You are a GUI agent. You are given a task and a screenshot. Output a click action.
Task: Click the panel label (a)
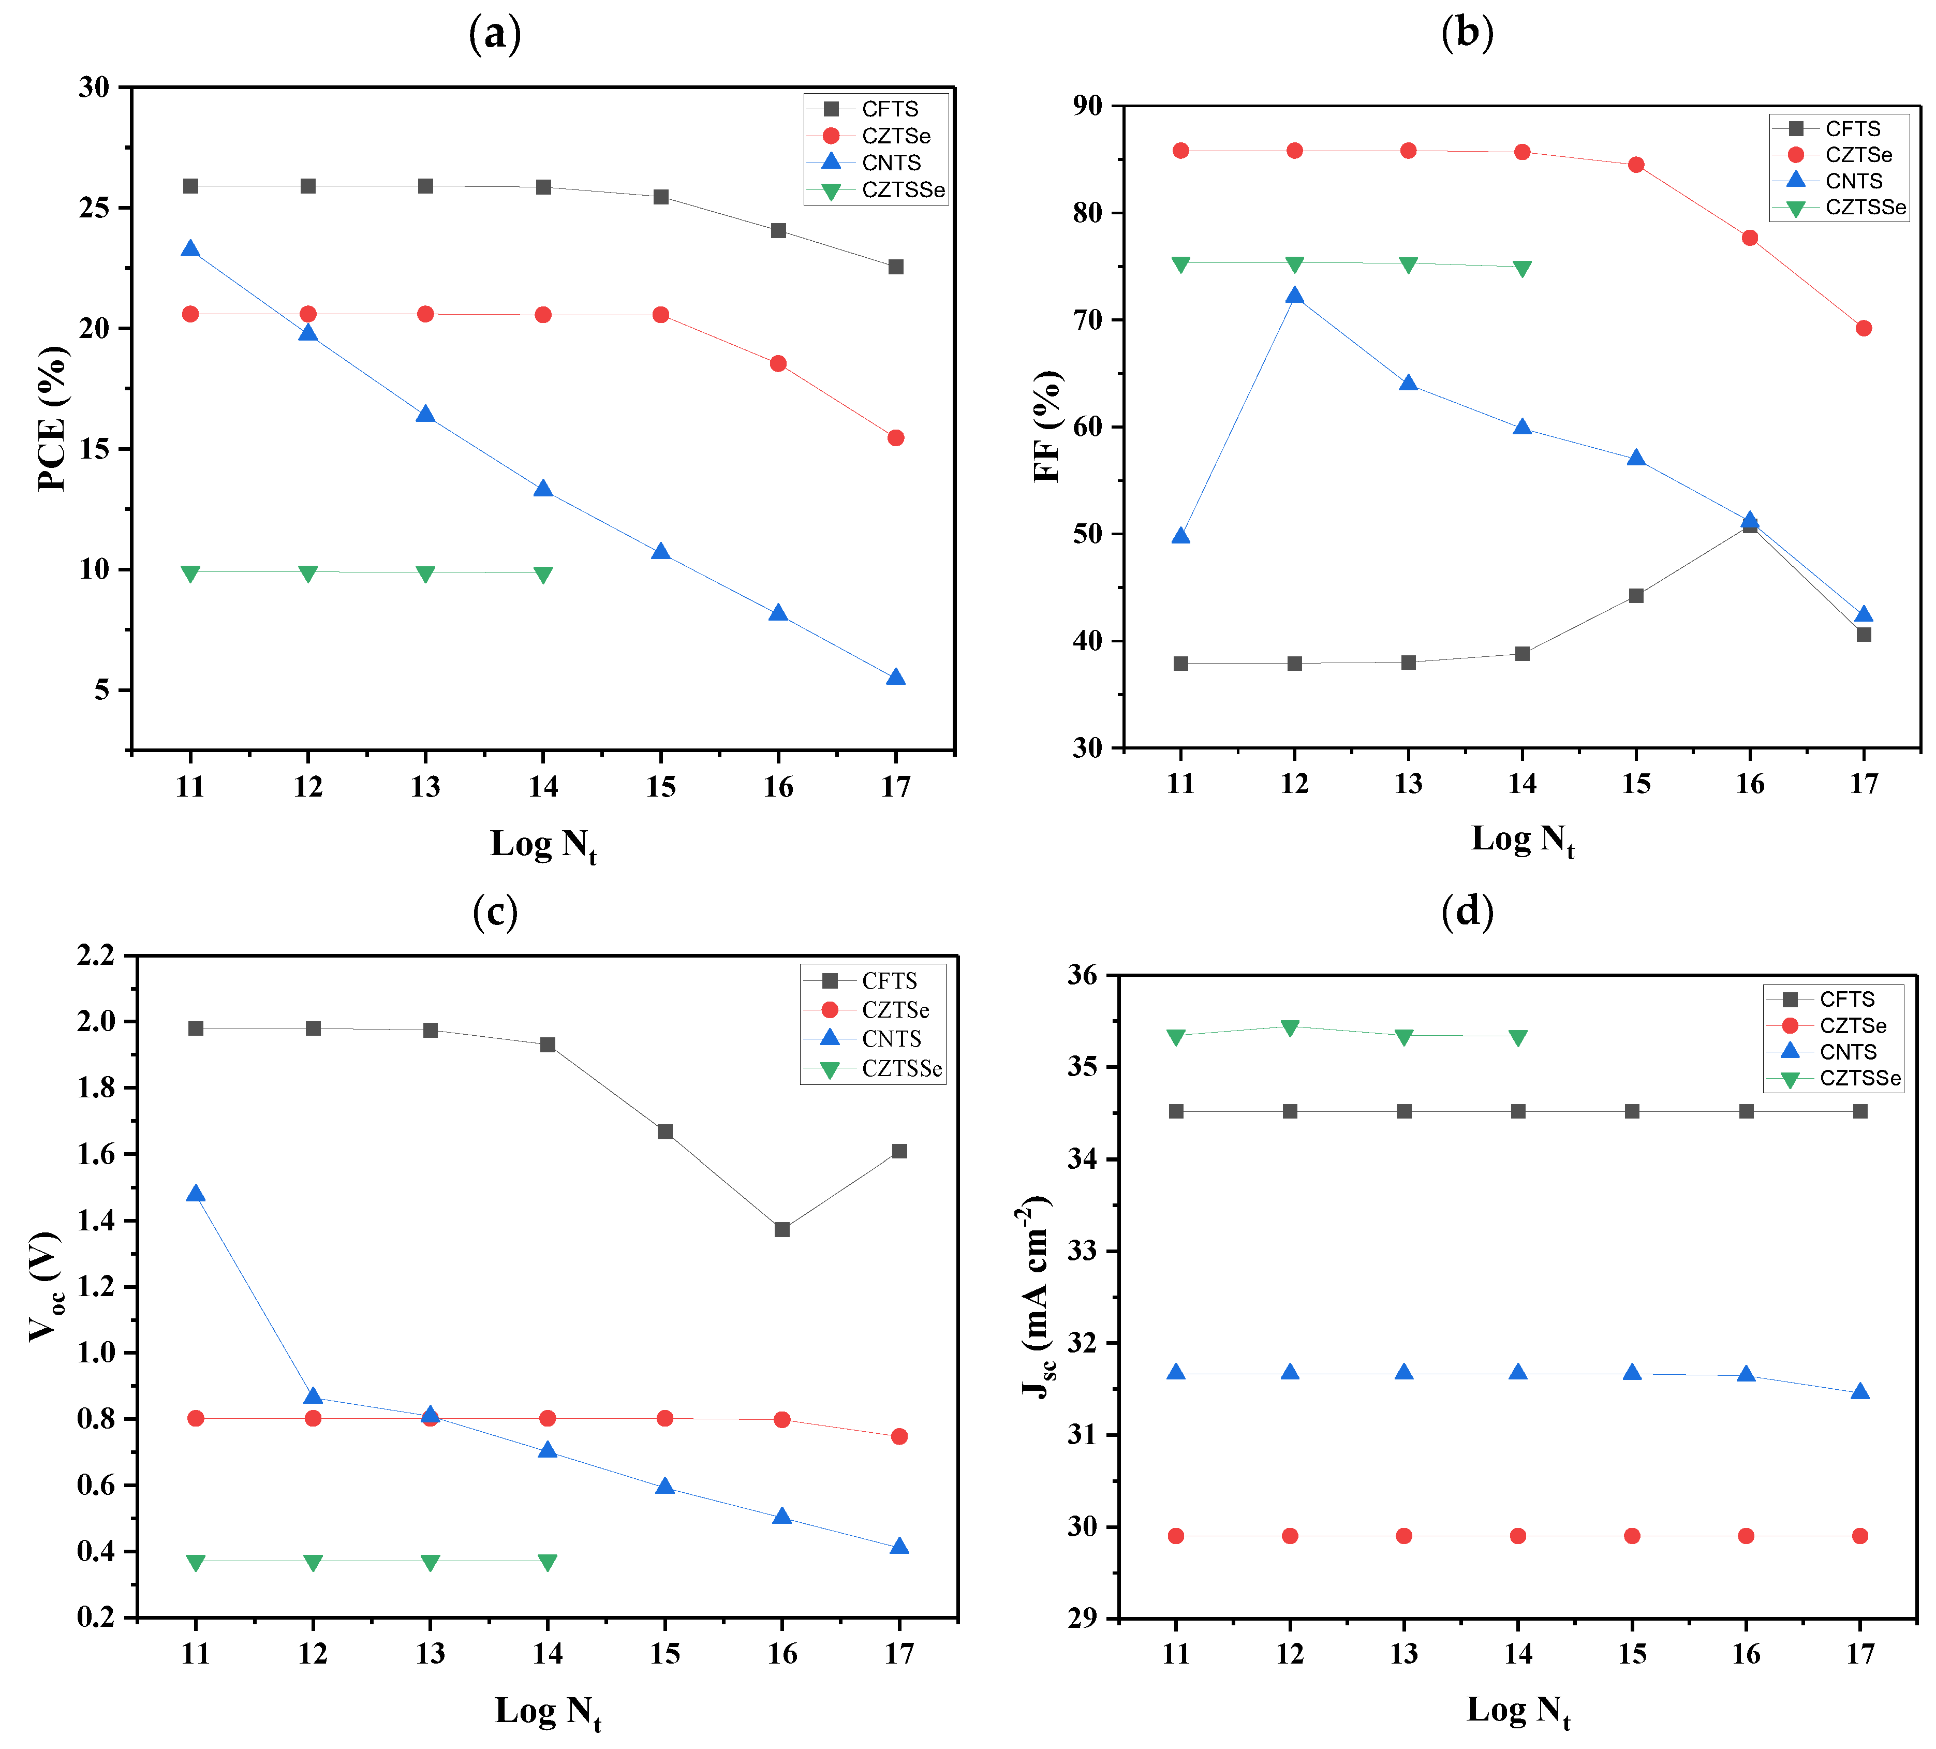coord(495,35)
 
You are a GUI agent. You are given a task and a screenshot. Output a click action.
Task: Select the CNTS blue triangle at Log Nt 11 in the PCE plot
coord(190,249)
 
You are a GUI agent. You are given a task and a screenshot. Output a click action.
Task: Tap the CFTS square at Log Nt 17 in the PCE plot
coord(895,267)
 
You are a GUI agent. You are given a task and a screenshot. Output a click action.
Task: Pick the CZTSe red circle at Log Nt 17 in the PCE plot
coord(895,438)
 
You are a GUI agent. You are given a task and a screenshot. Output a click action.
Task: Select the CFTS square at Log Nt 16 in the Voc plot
coord(782,1229)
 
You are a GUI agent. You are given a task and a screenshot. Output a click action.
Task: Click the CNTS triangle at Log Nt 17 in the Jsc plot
coord(1859,1392)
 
